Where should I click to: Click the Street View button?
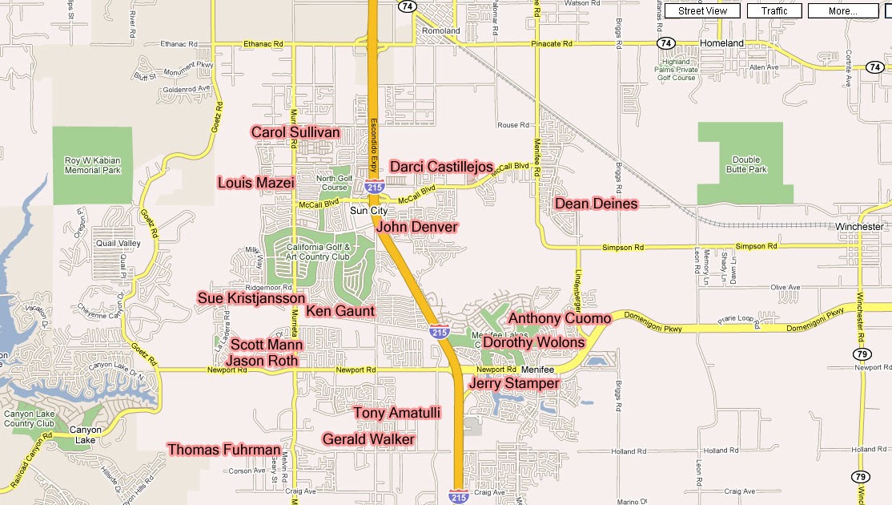click(702, 11)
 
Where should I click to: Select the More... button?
click(842, 11)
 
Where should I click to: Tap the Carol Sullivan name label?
click(295, 132)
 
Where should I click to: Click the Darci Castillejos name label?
click(441, 167)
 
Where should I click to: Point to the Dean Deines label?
click(597, 204)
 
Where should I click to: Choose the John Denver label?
click(417, 227)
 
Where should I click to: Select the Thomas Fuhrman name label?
click(225, 450)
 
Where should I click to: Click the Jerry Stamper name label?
click(514, 384)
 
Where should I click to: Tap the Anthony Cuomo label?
click(560, 319)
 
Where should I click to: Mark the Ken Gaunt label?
click(340, 311)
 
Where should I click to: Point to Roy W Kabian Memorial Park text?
click(93, 165)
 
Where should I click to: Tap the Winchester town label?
click(859, 227)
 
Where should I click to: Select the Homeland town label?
click(721, 43)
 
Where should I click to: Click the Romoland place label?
click(441, 31)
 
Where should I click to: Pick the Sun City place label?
click(369, 211)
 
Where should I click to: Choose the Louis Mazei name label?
click(256, 183)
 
